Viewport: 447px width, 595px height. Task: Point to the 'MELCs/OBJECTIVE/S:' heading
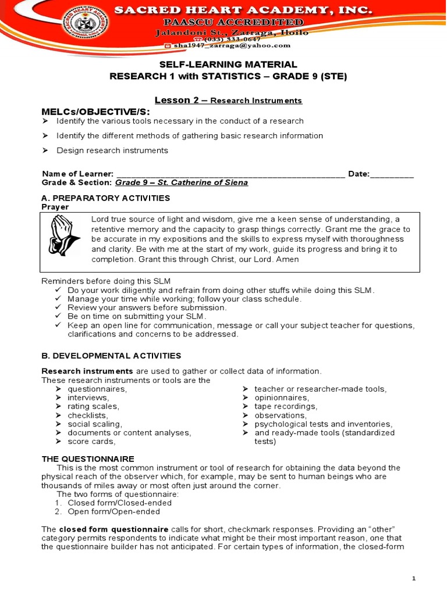click(x=95, y=111)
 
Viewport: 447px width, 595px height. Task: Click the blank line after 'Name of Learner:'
click(x=230, y=174)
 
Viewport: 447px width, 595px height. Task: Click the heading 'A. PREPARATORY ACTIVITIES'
click(x=106, y=198)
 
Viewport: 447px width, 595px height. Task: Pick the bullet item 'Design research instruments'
click(x=112, y=150)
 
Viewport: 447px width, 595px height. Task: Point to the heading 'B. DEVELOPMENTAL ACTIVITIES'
click(x=111, y=356)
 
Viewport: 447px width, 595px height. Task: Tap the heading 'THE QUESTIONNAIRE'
click(x=88, y=458)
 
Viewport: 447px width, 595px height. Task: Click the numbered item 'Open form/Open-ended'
click(x=113, y=512)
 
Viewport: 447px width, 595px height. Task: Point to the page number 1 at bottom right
click(x=414, y=578)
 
